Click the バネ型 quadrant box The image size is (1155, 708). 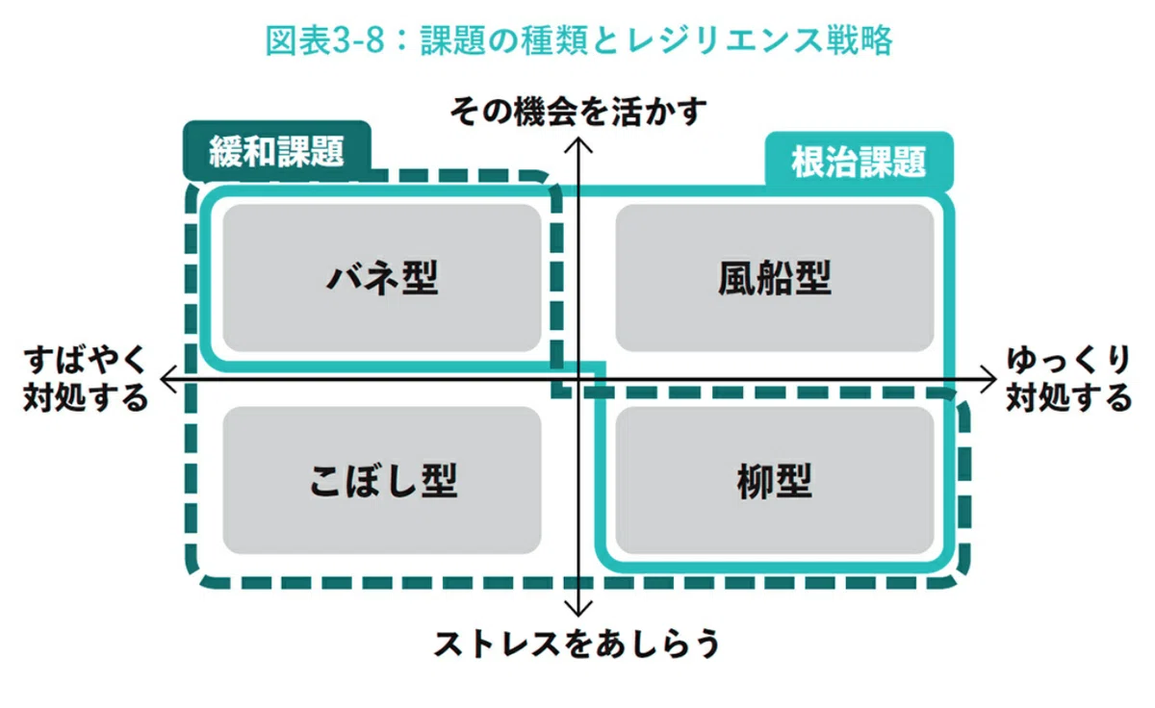(x=382, y=278)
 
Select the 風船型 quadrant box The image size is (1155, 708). (x=775, y=278)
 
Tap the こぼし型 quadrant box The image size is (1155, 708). (x=382, y=480)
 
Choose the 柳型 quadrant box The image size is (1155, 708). (x=775, y=480)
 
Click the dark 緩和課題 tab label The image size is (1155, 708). (x=277, y=151)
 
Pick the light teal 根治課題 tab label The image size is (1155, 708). (x=859, y=162)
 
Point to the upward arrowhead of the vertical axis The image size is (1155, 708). (x=578, y=144)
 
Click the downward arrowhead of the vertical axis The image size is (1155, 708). (x=578, y=609)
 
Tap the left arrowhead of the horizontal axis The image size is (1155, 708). (x=168, y=379)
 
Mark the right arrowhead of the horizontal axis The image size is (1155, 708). (x=988, y=379)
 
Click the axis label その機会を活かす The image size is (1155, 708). (x=578, y=111)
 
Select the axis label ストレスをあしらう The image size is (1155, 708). (x=577, y=644)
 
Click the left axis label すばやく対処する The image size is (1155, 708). (x=86, y=379)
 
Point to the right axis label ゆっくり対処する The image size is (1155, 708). (x=1069, y=379)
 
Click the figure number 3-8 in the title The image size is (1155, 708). (x=359, y=40)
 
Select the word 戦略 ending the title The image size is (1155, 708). (x=860, y=40)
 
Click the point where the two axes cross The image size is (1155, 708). (x=578, y=379)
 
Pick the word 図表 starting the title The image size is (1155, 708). (x=298, y=40)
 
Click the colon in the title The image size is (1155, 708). (x=403, y=41)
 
